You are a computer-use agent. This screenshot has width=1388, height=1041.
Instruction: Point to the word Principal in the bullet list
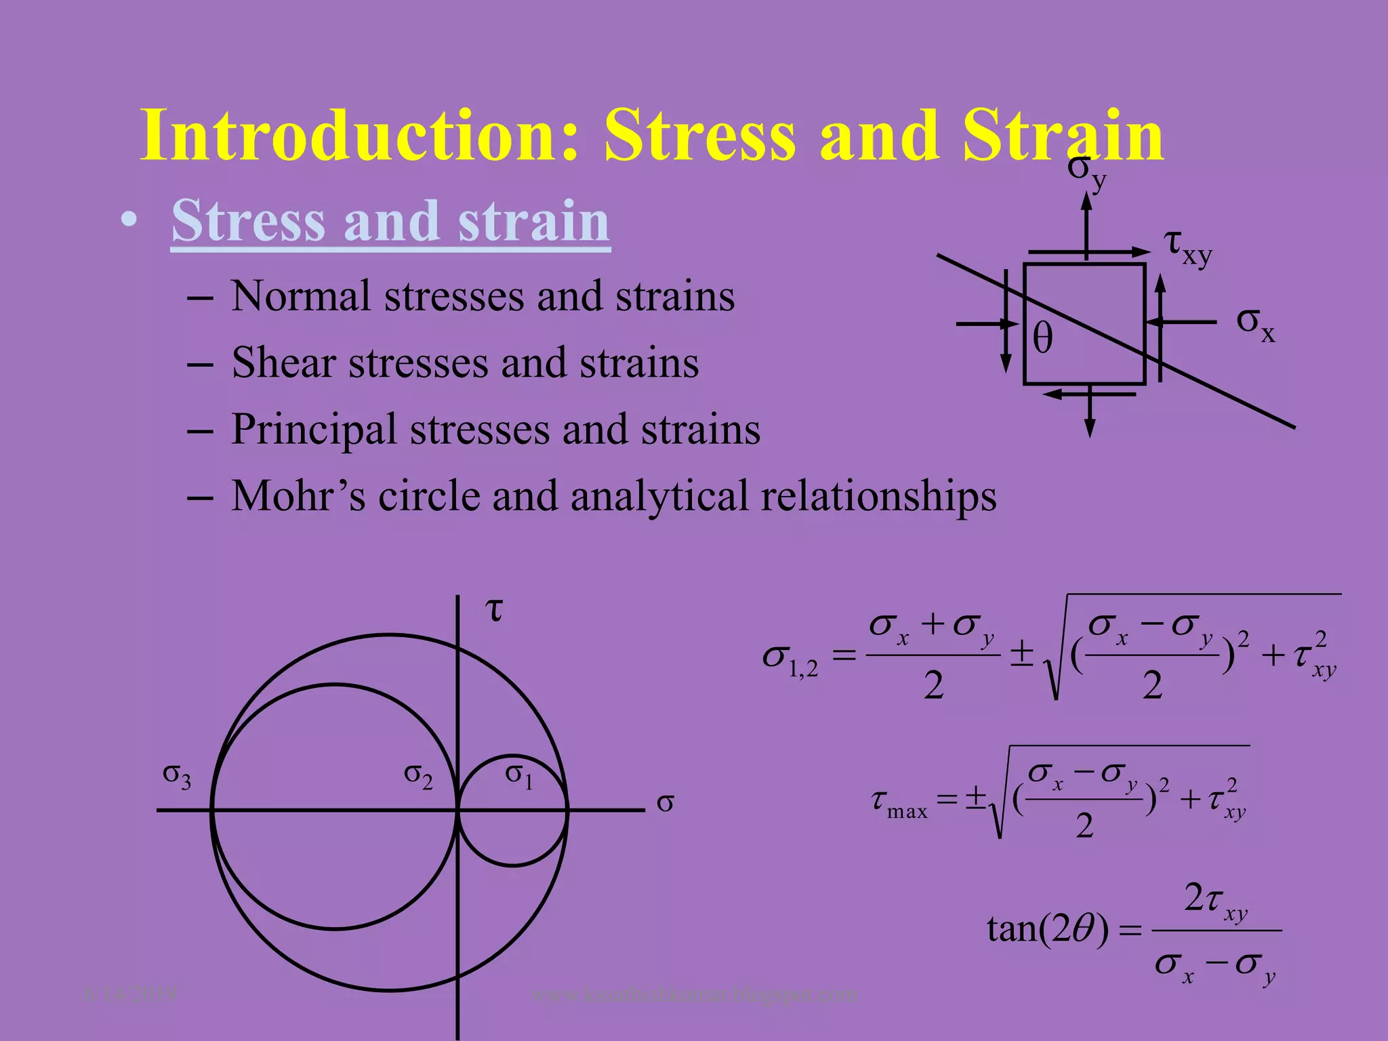tap(313, 430)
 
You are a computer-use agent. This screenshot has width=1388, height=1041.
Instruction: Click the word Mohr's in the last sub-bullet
tap(298, 495)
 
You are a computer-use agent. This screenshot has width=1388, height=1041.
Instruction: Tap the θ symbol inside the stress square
tap(1042, 338)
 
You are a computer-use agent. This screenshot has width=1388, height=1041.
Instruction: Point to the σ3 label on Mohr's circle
tap(177, 775)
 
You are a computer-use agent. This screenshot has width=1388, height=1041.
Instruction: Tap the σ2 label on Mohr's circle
tap(418, 775)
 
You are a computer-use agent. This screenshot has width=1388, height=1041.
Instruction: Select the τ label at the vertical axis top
tap(495, 609)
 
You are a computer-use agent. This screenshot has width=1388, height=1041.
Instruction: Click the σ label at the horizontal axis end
tap(665, 803)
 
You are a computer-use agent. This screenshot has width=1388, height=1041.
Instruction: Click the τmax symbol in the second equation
tap(899, 803)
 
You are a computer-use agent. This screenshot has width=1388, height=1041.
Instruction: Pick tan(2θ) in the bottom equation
tap(1047, 928)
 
